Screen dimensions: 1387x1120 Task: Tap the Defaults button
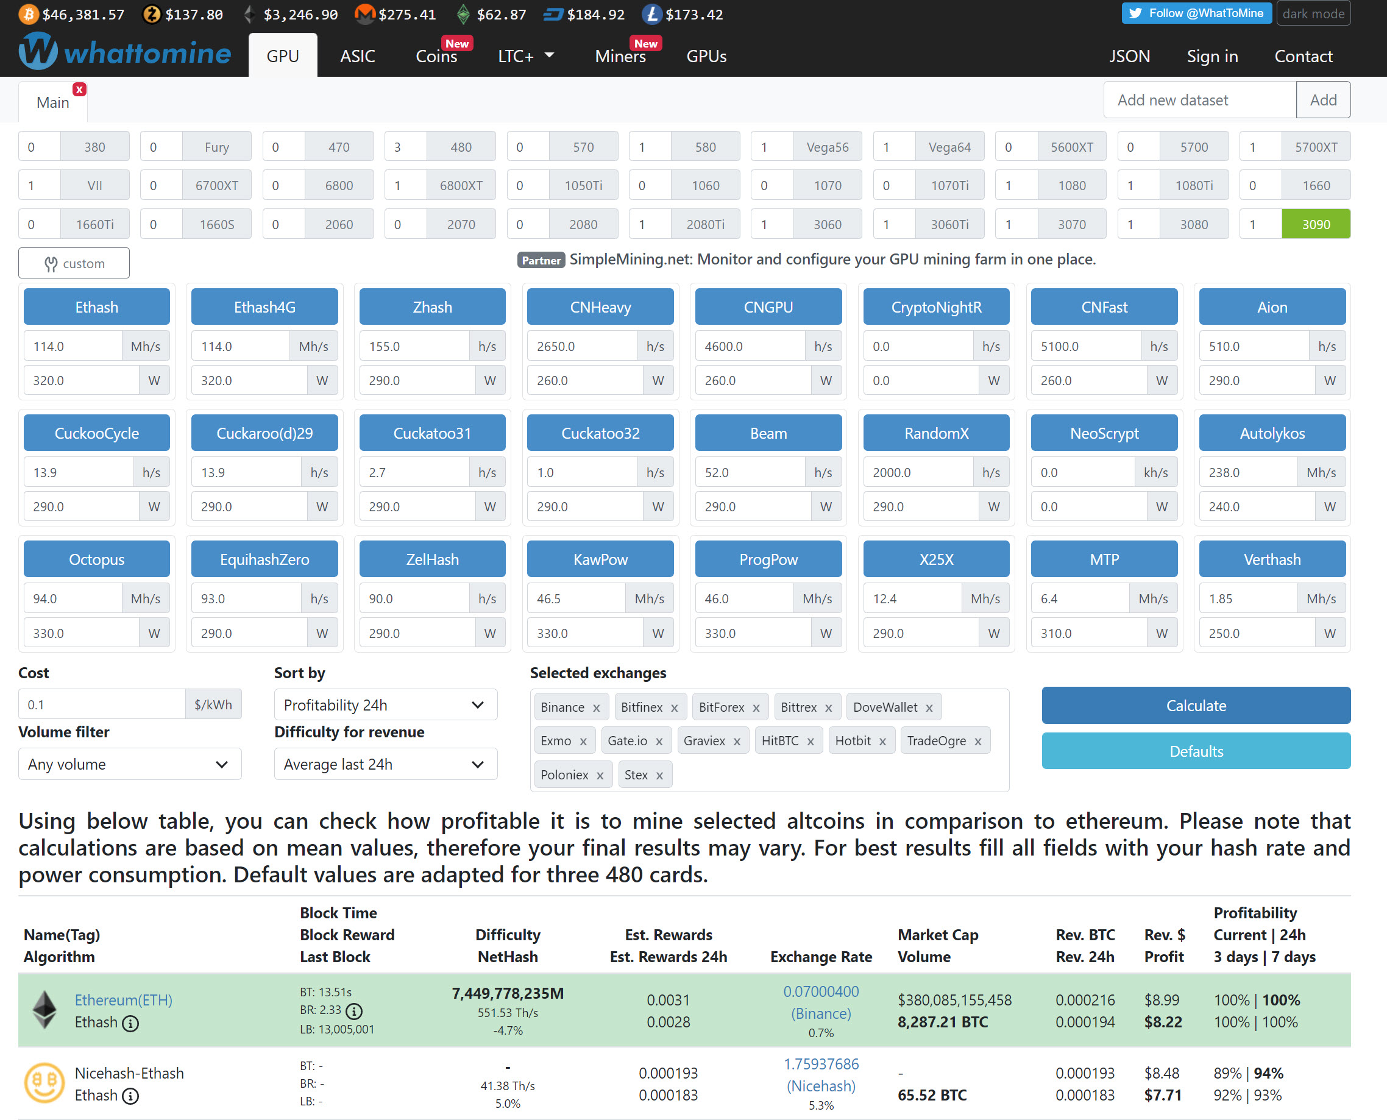click(x=1196, y=751)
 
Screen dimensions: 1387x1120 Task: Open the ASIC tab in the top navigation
click(x=357, y=56)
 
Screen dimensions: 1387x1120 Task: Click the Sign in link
click(x=1212, y=56)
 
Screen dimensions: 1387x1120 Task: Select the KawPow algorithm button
click(x=600, y=559)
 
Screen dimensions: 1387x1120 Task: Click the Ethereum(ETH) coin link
click(x=123, y=1000)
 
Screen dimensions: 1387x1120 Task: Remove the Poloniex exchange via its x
click(x=600, y=776)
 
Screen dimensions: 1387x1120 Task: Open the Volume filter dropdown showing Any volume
click(x=130, y=764)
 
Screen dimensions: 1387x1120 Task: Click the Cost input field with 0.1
click(x=102, y=704)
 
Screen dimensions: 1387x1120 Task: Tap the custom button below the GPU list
click(x=74, y=263)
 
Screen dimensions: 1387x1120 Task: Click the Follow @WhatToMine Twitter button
click(x=1196, y=13)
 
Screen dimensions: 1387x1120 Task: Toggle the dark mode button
click(x=1313, y=13)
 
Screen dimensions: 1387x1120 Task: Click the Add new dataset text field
click(x=1199, y=100)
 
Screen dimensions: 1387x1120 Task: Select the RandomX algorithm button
click(x=936, y=433)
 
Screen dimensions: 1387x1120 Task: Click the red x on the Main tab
click(x=79, y=90)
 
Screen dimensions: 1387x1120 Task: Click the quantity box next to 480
click(x=405, y=147)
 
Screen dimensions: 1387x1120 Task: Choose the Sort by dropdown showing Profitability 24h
click(x=385, y=704)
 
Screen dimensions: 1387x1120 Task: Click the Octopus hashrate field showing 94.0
click(x=73, y=599)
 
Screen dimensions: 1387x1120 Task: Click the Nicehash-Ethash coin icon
click(x=44, y=1083)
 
